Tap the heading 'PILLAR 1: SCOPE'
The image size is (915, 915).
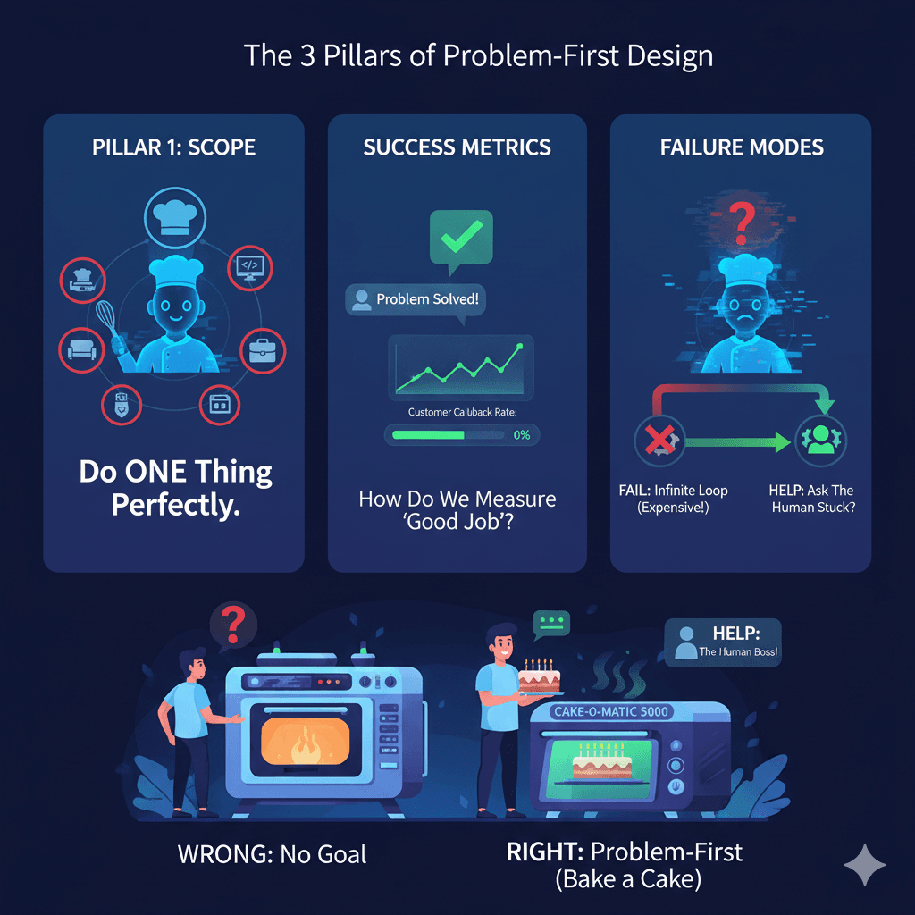click(x=173, y=147)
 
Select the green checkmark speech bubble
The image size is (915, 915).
click(x=460, y=238)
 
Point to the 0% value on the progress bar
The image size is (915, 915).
click(x=523, y=435)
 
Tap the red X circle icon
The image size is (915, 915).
click(x=659, y=441)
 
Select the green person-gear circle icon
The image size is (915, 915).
click(x=819, y=441)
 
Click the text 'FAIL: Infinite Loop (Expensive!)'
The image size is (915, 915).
click(x=673, y=499)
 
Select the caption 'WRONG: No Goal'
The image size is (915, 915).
click(x=272, y=853)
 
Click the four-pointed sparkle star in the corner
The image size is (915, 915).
click(x=865, y=865)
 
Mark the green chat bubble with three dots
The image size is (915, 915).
click(x=550, y=623)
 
